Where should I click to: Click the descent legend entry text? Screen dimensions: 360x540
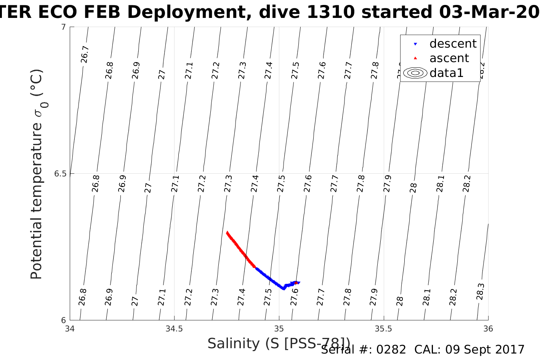[x=453, y=44]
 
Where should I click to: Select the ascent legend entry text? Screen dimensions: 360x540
[x=449, y=58]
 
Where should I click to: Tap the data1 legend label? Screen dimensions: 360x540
[x=446, y=73]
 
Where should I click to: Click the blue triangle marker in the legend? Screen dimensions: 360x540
[x=415, y=44]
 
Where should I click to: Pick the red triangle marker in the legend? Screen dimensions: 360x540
[x=415, y=58]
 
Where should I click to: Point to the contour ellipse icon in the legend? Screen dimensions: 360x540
[x=415, y=73]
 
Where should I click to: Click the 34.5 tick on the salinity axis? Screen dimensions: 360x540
[x=174, y=329]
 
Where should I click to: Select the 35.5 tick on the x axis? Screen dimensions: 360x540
[x=383, y=329]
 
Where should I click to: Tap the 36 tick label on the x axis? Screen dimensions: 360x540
[x=488, y=329]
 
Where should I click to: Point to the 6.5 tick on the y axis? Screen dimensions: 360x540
[x=60, y=174]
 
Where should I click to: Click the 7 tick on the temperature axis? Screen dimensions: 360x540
[x=63, y=27]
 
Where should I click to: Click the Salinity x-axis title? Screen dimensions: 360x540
[x=278, y=344]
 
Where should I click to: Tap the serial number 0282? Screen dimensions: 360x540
[x=391, y=350]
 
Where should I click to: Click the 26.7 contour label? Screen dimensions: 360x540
[x=85, y=54]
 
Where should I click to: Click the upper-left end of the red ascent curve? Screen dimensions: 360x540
[x=227, y=232]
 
